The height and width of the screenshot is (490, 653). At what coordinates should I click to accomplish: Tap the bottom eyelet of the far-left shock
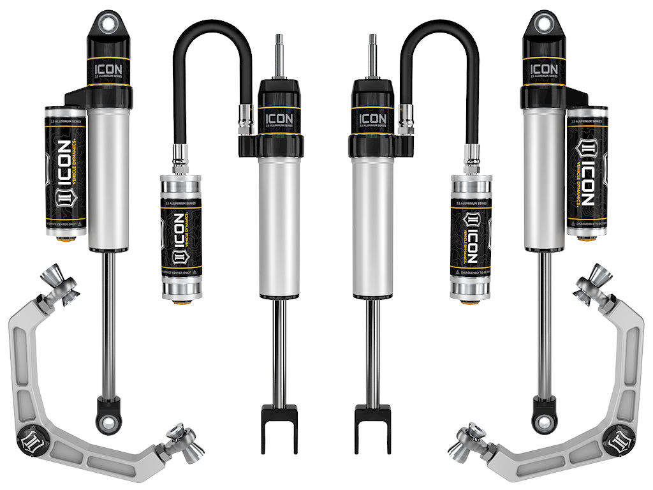108,420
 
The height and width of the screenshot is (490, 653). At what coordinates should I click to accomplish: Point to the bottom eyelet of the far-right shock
545,420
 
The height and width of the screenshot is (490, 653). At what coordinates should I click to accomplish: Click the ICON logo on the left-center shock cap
279,119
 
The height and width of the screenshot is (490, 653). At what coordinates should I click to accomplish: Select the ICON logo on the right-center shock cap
372,119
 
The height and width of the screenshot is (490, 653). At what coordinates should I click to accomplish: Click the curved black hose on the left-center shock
210,38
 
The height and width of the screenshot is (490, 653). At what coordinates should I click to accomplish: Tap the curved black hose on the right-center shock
440,38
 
